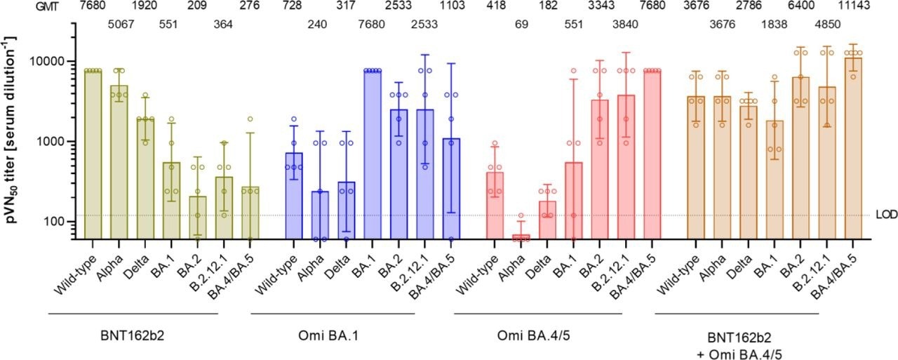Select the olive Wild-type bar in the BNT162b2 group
pos(93,154)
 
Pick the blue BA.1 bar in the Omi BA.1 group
pos(373,154)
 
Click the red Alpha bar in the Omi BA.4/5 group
pos(521,237)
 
